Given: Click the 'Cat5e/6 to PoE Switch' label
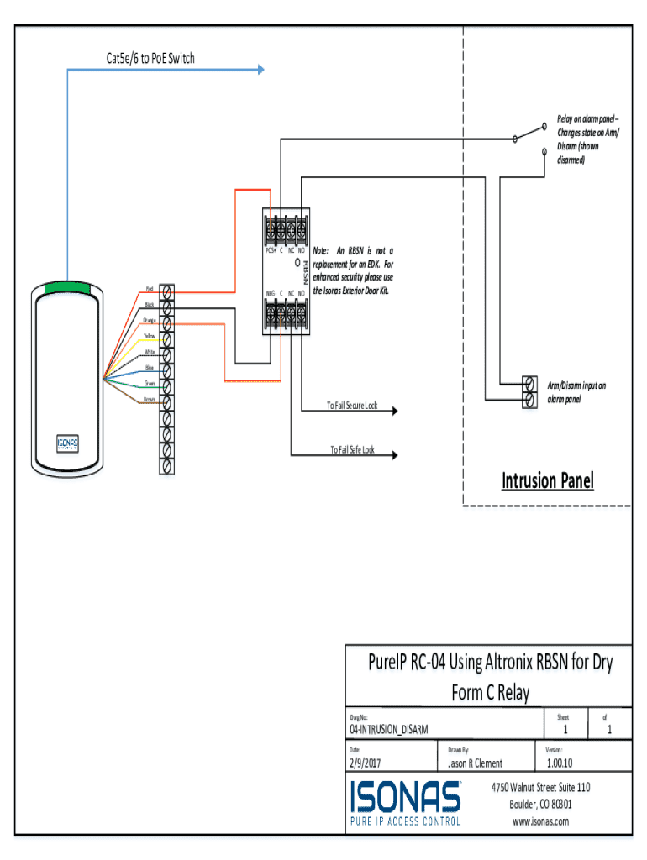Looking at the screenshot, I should pos(145,58).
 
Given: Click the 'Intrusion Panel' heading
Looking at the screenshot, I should pos(547,480).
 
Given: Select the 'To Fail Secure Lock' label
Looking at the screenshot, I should pos(352,406).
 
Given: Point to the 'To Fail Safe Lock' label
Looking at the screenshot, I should pos(351,450).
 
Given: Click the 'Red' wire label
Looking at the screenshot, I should pos(149,288).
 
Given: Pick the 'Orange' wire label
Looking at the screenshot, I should pos(149,320).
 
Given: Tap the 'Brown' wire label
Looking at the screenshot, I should pos(149,399).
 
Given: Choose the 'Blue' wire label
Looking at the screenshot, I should pos(149,367).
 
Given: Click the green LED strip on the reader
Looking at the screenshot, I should pos(68,286).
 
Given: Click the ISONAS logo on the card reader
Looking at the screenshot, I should pos(68,443).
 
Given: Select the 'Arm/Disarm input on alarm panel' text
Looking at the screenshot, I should pos(576,392).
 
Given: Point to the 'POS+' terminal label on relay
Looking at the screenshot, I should pos(271,249).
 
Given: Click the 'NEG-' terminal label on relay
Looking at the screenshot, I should pos(271,293).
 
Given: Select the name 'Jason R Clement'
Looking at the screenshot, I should pos(475,763).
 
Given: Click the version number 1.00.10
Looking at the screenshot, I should pos(560,763).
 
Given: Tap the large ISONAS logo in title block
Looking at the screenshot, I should pos(406,802).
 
